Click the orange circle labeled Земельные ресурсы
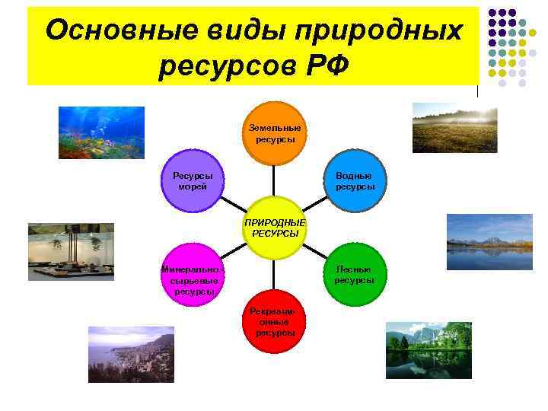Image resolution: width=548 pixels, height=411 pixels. (274, 133)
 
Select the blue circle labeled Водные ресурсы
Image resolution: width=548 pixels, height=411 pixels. (355, 181)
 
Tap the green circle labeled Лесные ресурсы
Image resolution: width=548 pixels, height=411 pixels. (354, 275)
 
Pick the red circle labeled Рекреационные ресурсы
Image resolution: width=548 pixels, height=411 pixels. (275, 322)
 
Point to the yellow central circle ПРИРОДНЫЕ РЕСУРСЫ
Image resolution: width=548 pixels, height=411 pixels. (274, 228)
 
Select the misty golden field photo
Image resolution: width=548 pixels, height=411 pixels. (454, 128)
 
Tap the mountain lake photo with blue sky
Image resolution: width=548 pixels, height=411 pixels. (479, 241)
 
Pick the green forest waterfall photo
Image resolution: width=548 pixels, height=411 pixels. (429, 350)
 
